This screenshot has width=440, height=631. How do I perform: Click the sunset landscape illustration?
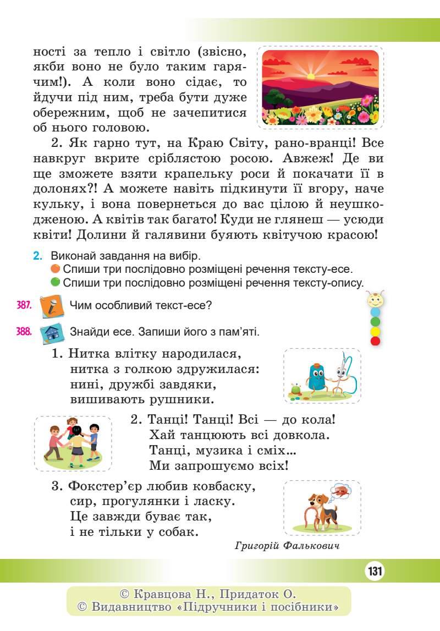[x=321, y=87]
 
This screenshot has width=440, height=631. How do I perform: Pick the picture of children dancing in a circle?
[x=73, y=443]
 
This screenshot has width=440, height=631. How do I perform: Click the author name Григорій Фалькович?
[x=286, y=546]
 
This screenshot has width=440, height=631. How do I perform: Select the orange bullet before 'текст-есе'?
[x=55, y=269]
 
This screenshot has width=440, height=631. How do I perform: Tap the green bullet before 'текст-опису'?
[x=55, y=282]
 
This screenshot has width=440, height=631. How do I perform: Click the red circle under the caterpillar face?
[x=376, y=341]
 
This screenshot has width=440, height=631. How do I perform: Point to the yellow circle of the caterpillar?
[x=376, y=331]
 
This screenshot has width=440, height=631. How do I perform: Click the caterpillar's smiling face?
[x=375, y=300]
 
